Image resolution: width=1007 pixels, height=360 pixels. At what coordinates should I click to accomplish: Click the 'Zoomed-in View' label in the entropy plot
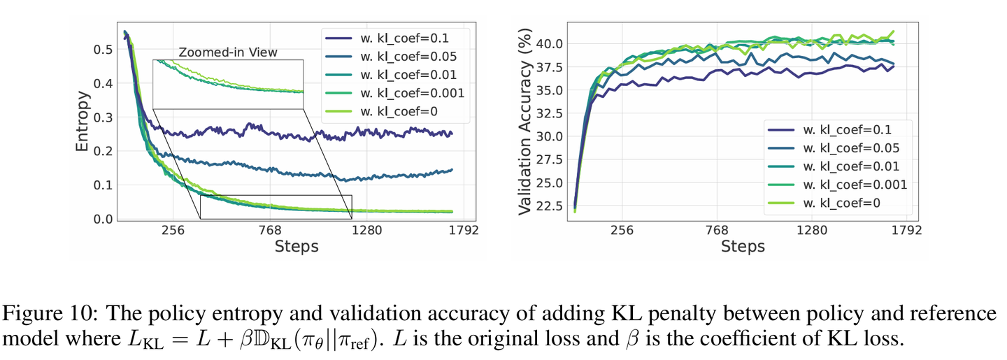click(228, 52)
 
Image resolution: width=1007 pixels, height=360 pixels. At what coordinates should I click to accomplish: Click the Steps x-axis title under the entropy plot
click(297, 247)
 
